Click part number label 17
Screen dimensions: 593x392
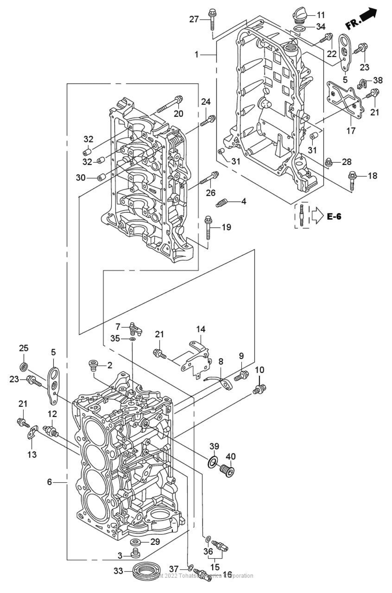pos(351,130)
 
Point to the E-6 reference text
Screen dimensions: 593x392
pos(334,216)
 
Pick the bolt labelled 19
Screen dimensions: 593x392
pos(208,227)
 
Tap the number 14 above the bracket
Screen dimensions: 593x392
pos(200,329)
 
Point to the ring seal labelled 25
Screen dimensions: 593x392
pos(24,367)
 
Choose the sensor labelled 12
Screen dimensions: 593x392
pos(51,431)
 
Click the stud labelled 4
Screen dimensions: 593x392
pos(222,203)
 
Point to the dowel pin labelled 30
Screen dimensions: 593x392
pos(100,178)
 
